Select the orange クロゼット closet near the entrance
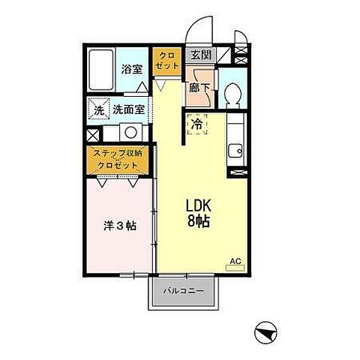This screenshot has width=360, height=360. pos(166,59)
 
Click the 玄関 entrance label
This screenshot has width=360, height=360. pos(199,54)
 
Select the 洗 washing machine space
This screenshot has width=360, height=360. pos(98,110)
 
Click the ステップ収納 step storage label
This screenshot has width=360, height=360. pos(118,152)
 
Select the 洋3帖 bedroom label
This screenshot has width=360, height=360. pos(119,226)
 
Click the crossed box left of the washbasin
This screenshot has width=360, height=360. pos(91,136)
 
